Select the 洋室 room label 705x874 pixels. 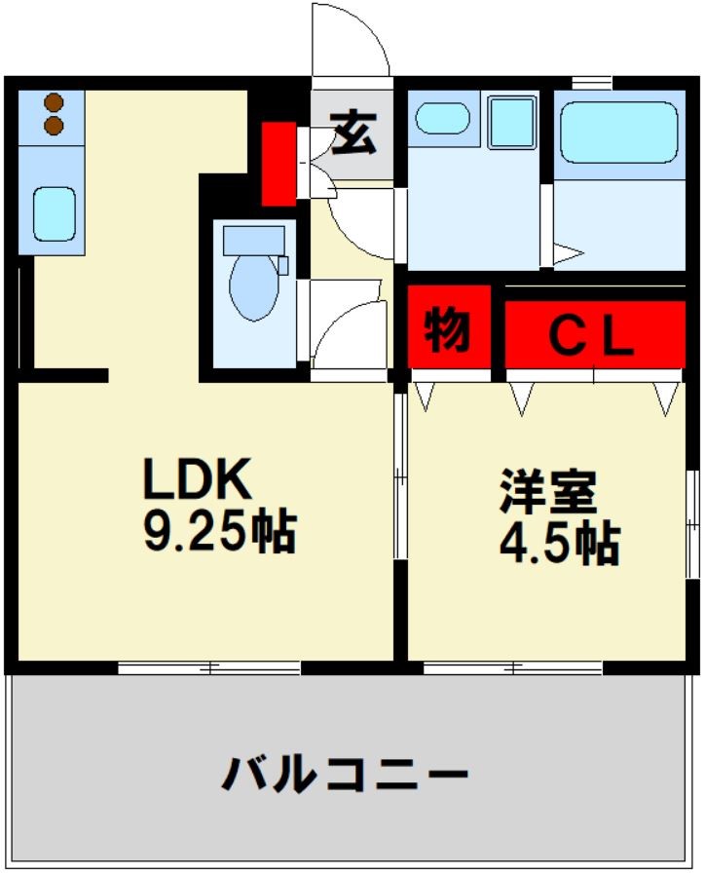[548, 492]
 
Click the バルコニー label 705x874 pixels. [345, 777]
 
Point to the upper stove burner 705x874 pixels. [54, 102]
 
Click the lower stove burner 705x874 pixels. [54, 125]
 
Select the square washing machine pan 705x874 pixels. [512, 121]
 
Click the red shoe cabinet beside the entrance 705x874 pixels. [279, 163]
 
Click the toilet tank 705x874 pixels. [254, 240]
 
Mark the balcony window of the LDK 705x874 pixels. [208, 668]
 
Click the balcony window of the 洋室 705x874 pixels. [513, 668]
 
